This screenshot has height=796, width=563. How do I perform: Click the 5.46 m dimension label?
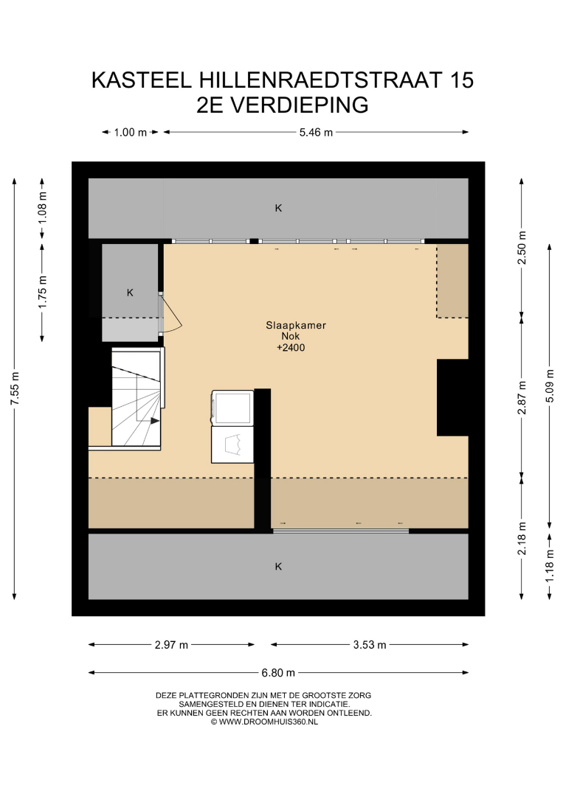(x=316, y=133)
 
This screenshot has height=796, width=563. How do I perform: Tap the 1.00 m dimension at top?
(x=130, y=133)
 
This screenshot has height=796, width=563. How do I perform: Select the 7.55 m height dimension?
(x=15, y=389)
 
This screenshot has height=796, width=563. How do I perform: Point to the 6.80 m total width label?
(x=278, y=673)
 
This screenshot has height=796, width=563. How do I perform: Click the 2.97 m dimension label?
(x=171, y=645)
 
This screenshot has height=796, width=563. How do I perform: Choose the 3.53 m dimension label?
(x=370, y=645)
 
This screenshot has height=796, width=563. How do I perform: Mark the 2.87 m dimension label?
(x=522, y=397)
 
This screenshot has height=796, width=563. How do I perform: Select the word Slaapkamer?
(x=296, y=326)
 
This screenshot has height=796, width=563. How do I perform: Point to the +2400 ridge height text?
(x=291, y=348)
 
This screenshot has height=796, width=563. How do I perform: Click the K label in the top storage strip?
(x=278, y=208)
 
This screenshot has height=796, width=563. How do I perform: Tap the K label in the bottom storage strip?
(x=278, y=567)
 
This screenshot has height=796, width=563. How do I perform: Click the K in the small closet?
(x=130, y=293)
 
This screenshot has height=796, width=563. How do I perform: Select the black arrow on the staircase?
(x=154, y=420)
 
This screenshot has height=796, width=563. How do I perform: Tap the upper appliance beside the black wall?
(x=232, y=408)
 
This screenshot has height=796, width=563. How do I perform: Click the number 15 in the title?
(x=461, y=80)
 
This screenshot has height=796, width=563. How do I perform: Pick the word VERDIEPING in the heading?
(x=300, y=105)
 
